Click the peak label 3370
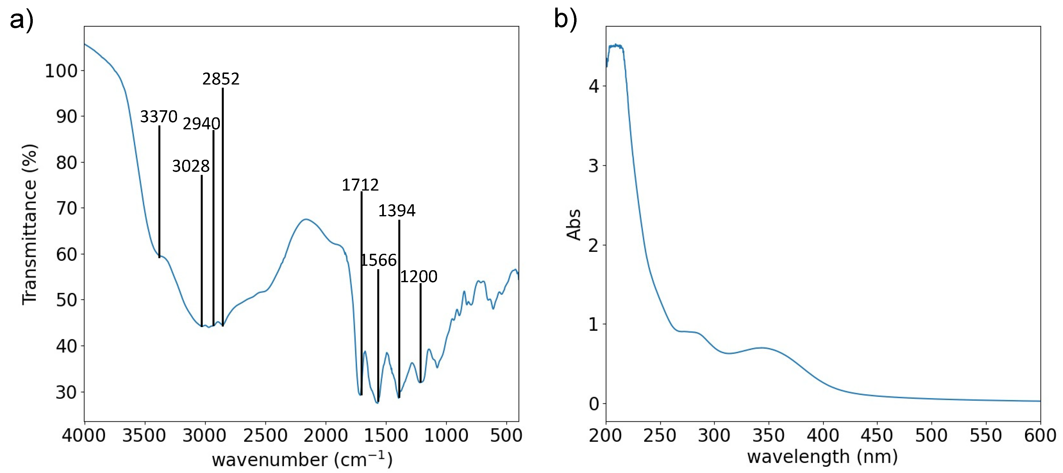click(159, 117)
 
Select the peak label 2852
click(221, 79)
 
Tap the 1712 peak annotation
click(360, 185)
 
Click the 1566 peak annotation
click(379, 260)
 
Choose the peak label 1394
click(397, 211)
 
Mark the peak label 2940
click(201, 124)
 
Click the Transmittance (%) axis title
click(30, 225)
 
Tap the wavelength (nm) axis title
click(822, 457)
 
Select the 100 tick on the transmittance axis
click(61, 71)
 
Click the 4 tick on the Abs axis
click(594, 86)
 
